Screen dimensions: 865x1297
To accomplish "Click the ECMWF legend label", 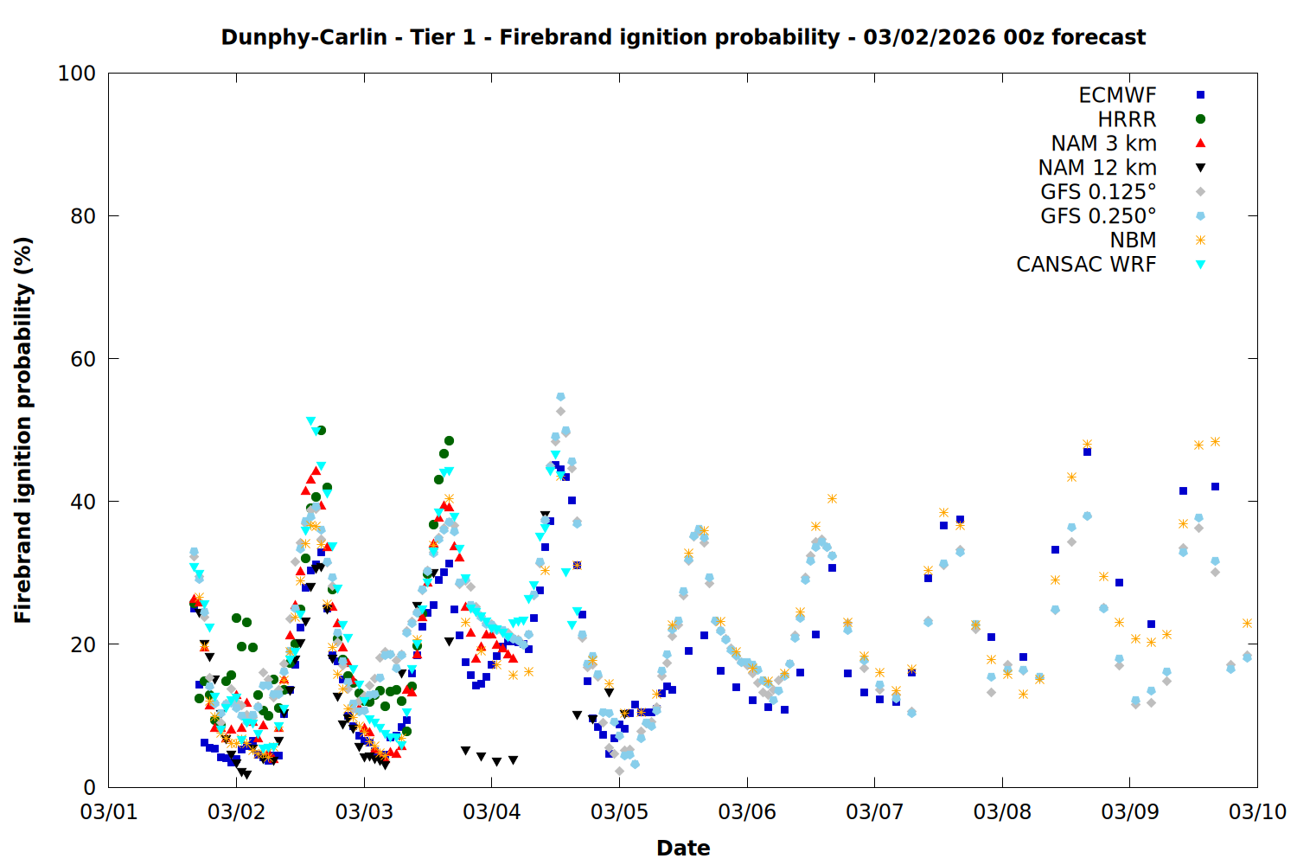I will [1117, 95].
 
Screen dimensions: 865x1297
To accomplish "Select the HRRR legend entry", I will [1127, 119].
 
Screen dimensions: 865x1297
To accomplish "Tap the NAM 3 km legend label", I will [1103, 144].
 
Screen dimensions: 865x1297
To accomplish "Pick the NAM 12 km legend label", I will [1097, 168].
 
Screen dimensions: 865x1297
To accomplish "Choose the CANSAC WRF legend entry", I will [1086, 265].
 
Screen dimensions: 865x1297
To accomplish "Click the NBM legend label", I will [1133, 240].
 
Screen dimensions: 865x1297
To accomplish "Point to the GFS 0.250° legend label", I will [1098, 216].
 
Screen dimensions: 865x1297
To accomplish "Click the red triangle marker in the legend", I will [1200, 143].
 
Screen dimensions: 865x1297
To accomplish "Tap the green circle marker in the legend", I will [1200, 119].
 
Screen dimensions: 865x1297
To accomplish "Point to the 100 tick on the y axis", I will [77, 74].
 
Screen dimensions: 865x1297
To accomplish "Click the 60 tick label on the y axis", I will [83, 359].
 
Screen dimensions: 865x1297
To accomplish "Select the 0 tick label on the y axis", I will [89, 787].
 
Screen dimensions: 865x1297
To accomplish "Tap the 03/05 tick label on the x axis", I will [619, 812].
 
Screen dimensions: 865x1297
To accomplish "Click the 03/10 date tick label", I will [1258, 812].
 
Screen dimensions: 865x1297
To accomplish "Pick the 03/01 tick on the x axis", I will [109, 812].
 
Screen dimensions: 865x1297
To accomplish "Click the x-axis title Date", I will [683, 848].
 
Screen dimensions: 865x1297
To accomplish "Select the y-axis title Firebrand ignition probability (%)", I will [23, 430].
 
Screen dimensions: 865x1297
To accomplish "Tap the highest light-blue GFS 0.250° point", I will [560, 397].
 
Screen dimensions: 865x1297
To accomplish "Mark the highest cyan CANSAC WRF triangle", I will [310, 421].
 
